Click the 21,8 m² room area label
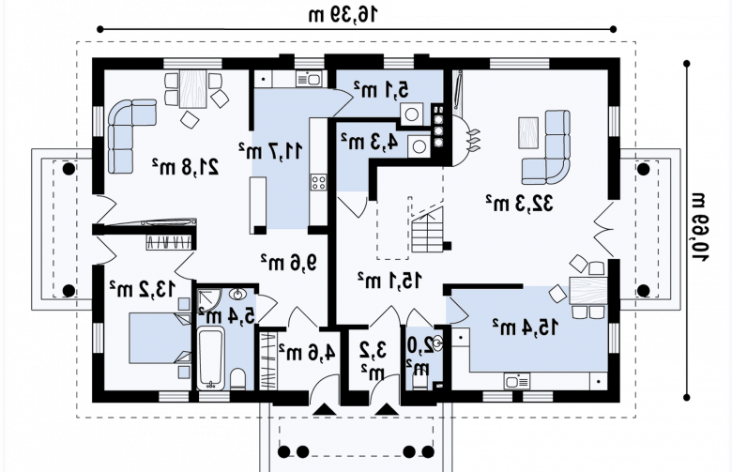click(185, 167)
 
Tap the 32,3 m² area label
click(519, 203)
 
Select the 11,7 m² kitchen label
click(270, 151)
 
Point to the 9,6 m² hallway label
click(288, 263)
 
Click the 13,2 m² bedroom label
click(142, 289)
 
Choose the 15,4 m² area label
click(525, 327)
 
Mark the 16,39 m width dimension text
click(343, 14)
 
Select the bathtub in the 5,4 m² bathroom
click(211, 358)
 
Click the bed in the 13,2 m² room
click(160, 338)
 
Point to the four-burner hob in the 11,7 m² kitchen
click(319, 182)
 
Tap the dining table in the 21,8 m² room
click(192, 89)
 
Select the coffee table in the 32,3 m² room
click(528, 133)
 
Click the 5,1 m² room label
click(381, 89)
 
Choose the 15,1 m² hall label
click(389, 281)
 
